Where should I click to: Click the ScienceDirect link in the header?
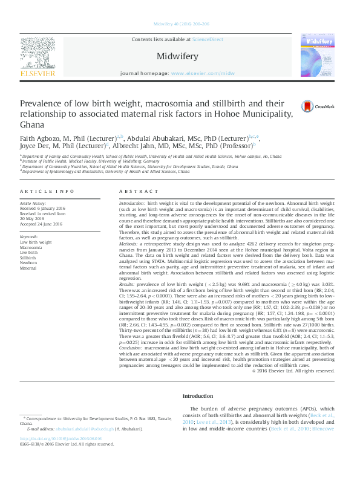point(208,40)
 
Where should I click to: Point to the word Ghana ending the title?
point(33,125)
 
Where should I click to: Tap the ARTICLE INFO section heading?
point(42,190)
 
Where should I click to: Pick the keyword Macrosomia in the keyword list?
point(31,247)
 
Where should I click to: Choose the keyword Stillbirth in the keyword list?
point(28,258)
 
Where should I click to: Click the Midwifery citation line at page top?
point(180,24)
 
